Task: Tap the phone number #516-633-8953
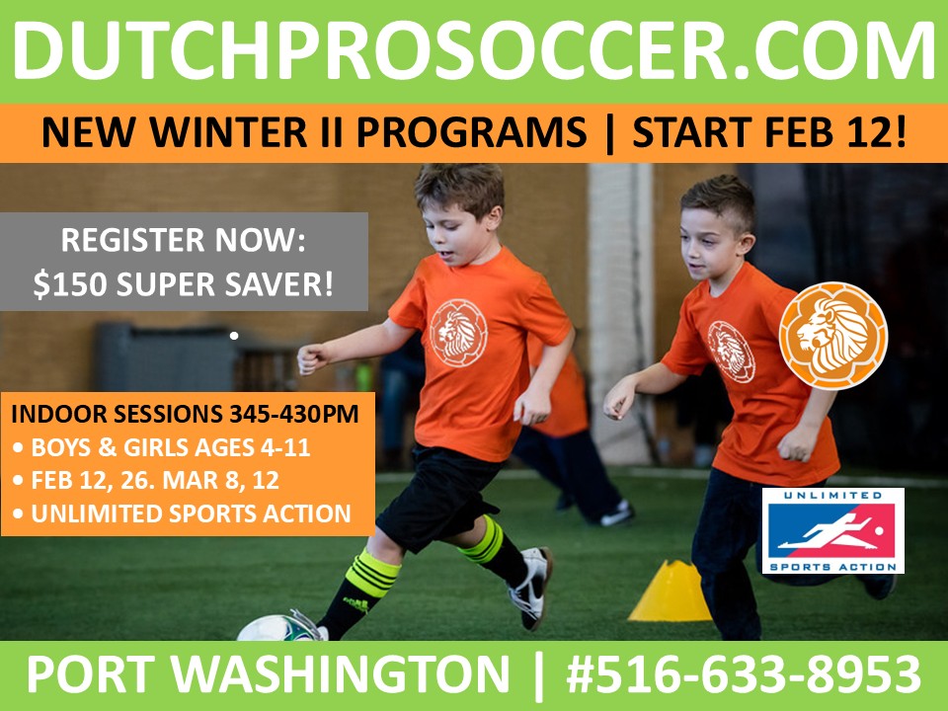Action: tap(744, 675)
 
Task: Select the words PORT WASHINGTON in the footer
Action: tap(267, 675)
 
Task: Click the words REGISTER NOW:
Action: tap(184, 240)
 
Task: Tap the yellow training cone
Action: tap(671, 592)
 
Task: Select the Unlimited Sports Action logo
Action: tap(832, 530)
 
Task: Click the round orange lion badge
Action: tap(832, 334)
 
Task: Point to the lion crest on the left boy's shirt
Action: tap(458, 333)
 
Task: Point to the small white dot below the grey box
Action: tap(234, 337)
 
